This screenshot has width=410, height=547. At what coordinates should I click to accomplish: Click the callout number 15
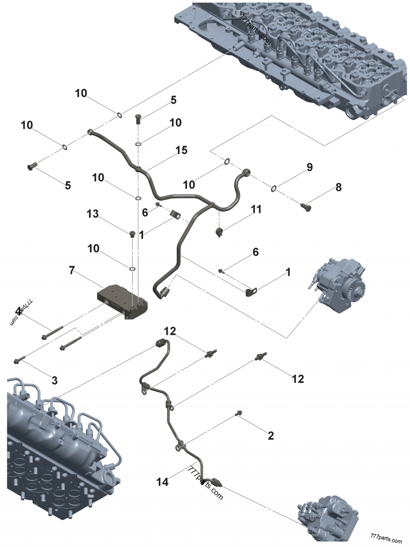click(x=181, y=150)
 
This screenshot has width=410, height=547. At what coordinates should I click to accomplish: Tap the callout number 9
click(x=309, y=167)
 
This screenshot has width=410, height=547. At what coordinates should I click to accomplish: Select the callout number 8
click(x=338, y=188)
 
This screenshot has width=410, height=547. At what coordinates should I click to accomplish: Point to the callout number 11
click(x=256, y=209)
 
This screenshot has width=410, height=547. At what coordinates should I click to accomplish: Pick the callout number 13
click(x=92, y=213)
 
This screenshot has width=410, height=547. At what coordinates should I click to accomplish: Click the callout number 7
click(x=72, y=270)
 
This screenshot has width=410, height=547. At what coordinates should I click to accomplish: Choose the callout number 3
click(x=54, y=380)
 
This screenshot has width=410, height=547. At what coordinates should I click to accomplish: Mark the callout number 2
click(x=271, y=436)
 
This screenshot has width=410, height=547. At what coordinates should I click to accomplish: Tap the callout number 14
click(x=162, y=482)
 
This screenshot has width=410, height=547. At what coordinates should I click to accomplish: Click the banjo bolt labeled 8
click(x=306, y=207)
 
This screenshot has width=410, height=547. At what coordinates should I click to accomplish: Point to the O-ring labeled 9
click(x=275, y=188)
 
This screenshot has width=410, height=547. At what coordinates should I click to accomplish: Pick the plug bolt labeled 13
click(x=132, y=234)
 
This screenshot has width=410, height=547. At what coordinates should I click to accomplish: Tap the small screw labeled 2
click(x=239, y=413)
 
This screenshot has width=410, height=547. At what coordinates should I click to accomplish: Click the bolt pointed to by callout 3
click(x=19, y=360)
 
